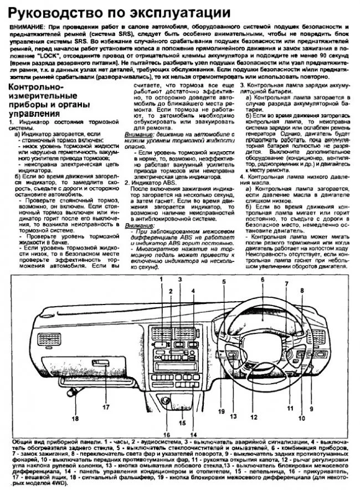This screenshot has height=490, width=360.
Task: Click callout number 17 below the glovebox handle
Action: [106, 408]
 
